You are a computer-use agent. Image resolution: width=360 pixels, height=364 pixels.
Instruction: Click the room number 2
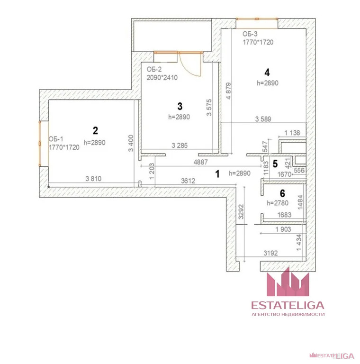95,130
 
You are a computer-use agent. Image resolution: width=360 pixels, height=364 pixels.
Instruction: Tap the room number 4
267,73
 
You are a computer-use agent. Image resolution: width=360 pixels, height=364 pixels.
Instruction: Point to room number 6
283,193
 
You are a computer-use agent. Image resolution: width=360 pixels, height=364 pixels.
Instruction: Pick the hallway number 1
217,174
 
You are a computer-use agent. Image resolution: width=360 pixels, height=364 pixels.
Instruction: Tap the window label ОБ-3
250,34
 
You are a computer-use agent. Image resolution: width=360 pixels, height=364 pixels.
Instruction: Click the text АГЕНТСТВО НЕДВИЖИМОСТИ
288,314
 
